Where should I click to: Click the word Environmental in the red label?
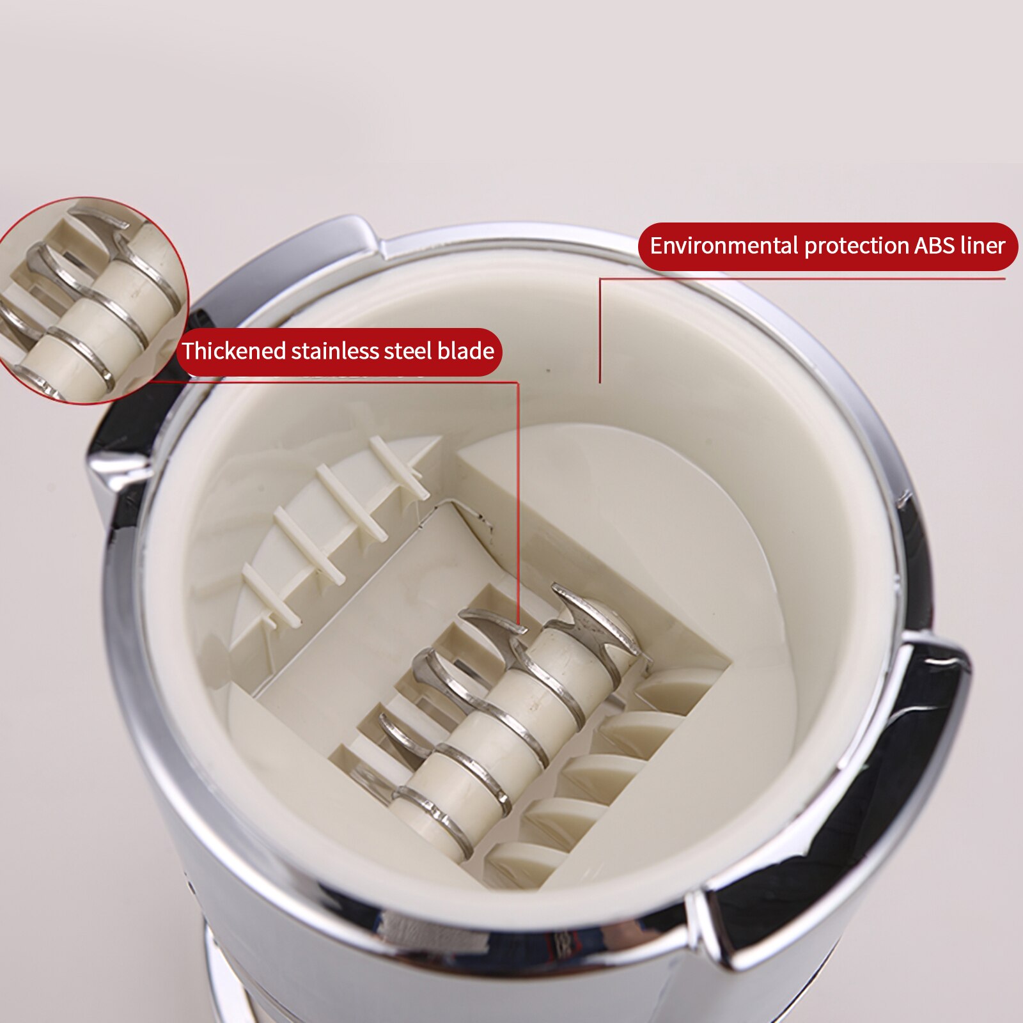click(724, 246)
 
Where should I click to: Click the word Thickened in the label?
click(233, 351)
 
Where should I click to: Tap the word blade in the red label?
click(465, 351)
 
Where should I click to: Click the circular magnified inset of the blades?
click(90, 301)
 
